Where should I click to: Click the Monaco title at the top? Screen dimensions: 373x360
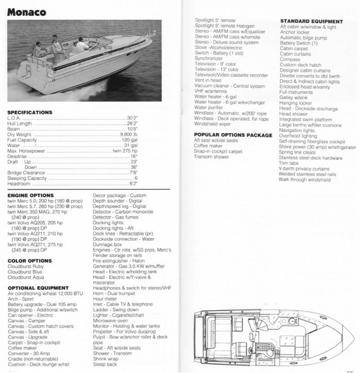(26, 12)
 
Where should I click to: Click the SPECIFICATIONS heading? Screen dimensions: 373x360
(30, 112)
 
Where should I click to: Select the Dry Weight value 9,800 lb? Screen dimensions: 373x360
(128, 135)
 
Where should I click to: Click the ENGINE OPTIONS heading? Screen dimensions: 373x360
(30, 195)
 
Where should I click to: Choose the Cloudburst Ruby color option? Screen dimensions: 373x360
(26, 266)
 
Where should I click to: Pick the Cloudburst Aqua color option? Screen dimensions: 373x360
(26, 277)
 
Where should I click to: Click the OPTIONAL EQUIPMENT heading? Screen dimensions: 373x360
(38, 288)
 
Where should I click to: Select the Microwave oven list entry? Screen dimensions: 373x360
(110, 321)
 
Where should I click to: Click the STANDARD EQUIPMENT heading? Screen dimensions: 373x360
(311, 21)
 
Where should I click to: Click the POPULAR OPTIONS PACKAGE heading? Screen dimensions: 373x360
(233, 135)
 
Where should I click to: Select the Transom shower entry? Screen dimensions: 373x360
(212, 157)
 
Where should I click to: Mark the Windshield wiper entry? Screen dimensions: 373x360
(213, 124)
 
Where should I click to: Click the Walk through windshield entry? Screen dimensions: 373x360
(305, 180)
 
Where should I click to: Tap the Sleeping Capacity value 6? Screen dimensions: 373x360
(136, 178)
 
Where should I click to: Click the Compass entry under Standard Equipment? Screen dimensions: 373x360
(290, 60)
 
